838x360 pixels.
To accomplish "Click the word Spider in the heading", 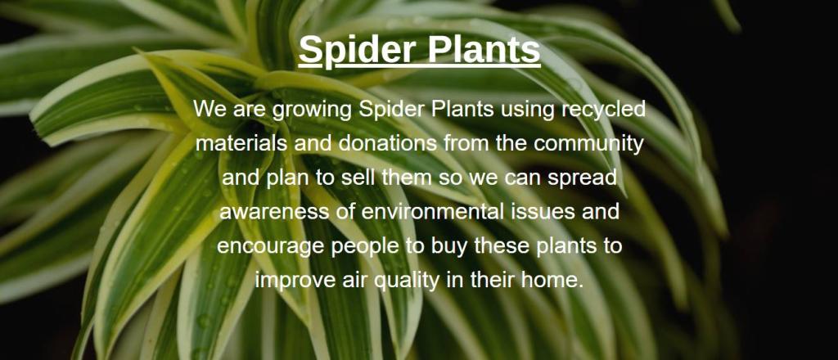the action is [x=358, y=50].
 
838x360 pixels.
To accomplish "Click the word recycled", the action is [x=603, y=110].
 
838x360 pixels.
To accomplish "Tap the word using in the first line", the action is [x=527, y=110].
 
